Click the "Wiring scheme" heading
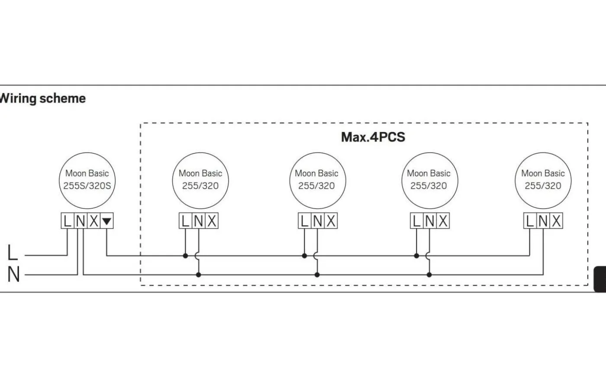[x=42, y=98]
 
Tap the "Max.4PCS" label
[x=373, y=137]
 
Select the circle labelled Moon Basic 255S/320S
[x=87, y=180]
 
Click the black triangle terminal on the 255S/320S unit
[x=106, y=221]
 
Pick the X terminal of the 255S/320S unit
[x=93, y=221]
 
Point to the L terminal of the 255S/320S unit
[x=67, y=221]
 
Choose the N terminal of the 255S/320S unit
[x=81, y=221]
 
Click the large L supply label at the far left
[x=13, y=253]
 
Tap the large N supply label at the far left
[x=13, y=275]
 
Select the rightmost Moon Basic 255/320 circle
[x=543, y=180]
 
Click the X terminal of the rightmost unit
[x=556, y=221]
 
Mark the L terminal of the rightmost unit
[x=529, y=221]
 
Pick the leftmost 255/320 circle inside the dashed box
[x=200, y=180]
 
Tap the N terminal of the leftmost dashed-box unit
[x=199, y=221]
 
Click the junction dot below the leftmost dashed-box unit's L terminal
[x=185, y=256]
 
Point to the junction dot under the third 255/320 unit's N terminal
[x=429, y=275]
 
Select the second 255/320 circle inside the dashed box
[x=316, y=180]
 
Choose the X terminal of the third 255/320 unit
[x=442, y=221]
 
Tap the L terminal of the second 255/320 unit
[x=304, y=221]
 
